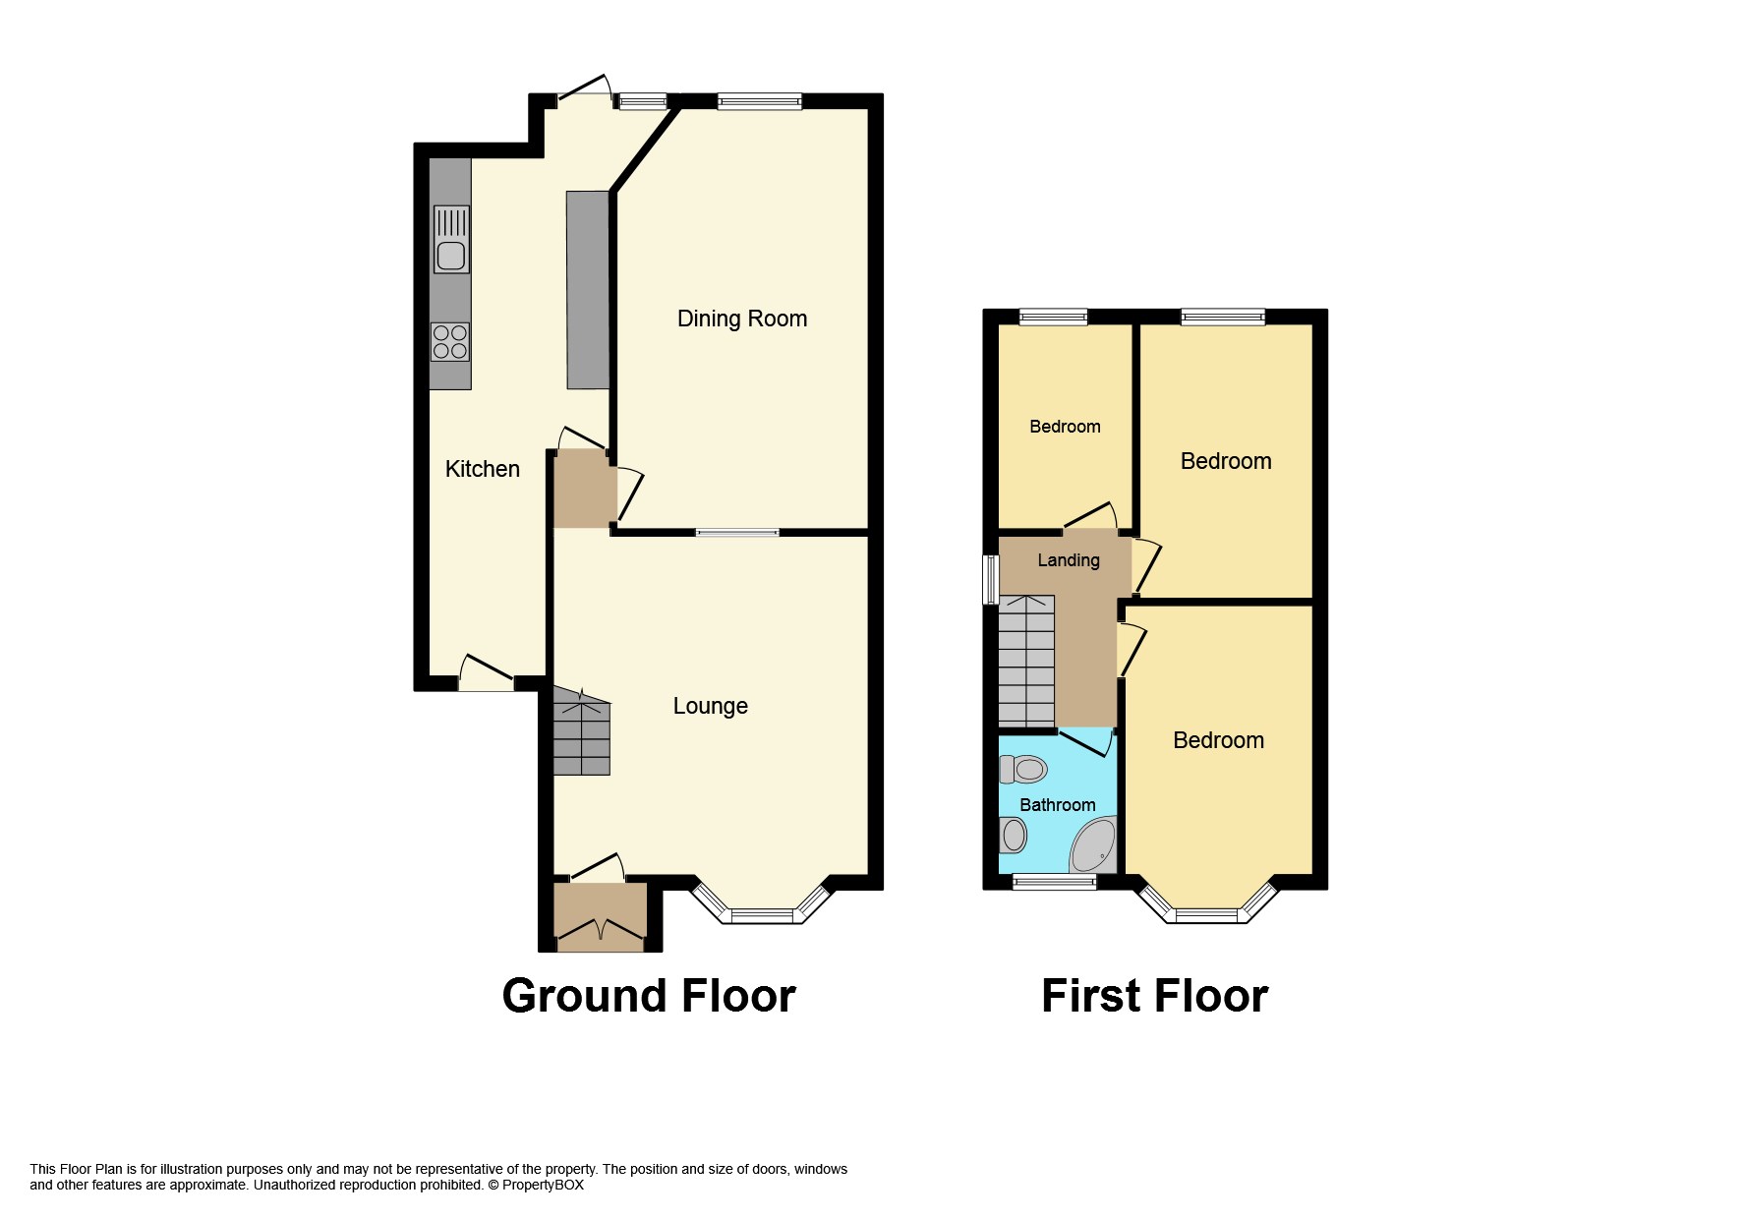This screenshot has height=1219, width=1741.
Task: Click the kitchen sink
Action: coord(451,240)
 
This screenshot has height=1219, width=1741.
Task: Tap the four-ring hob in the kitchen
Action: coord(450,342)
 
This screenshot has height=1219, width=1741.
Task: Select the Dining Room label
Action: coord(742,319)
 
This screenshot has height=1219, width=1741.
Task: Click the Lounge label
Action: coord(710,706)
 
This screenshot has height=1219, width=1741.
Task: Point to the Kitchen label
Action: coord(482,469)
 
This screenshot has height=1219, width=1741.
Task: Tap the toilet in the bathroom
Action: coord(1023,769)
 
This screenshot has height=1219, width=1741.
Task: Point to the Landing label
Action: coord(1069,560)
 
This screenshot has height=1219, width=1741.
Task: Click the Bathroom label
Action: coord(1057,805)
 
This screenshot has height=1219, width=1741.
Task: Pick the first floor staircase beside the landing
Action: coord(1026,661)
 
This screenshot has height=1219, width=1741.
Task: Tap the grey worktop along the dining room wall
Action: coord(587,289)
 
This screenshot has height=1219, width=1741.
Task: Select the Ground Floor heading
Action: coord(649,996)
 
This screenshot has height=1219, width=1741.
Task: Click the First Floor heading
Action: coord(1154,996)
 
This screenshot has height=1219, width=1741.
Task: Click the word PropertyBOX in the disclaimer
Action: coord(543,1185)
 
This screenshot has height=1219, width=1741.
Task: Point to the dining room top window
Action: coord(759,100)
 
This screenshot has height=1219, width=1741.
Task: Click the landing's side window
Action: coord(991,579)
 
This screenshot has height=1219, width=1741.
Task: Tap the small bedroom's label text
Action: coord(1065,427)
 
